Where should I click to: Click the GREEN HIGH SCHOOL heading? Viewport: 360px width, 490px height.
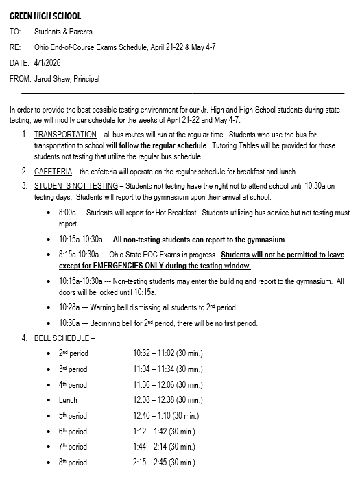(45, 15)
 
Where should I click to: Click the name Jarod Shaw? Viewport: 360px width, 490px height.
(53, 79)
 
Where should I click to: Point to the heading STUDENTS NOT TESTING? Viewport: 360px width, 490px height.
(75, 185)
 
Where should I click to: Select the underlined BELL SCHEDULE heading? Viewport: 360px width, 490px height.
(61, 338)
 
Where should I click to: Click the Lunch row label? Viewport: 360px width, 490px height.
(68, 400)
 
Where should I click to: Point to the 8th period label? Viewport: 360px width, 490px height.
(73, 463)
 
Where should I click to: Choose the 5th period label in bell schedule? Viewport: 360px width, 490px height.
(73, 416)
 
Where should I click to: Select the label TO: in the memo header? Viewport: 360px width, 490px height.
(15, 32)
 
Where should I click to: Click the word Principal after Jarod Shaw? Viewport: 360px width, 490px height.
(86, 79)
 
